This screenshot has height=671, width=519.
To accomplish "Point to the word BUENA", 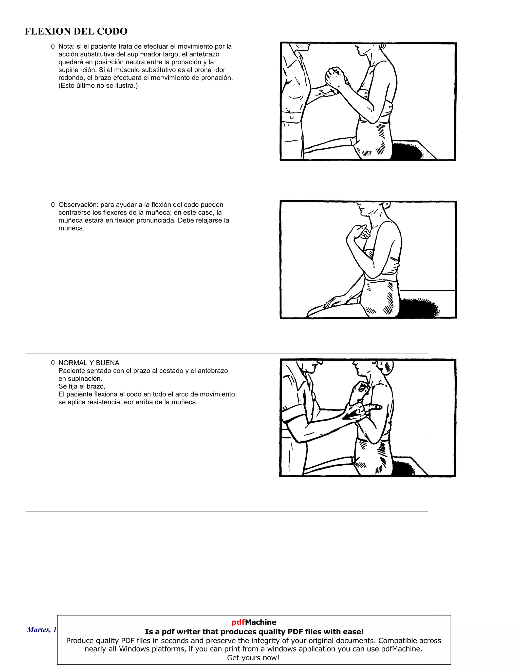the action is coord(108,363).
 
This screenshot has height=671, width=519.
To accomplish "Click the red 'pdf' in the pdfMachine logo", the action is coord(238,622).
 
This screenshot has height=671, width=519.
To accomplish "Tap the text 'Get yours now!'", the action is coord(254,658).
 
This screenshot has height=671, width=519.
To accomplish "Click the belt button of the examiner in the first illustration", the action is coord(292,117).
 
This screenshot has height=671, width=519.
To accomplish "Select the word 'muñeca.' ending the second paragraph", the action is coord(71,228).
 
